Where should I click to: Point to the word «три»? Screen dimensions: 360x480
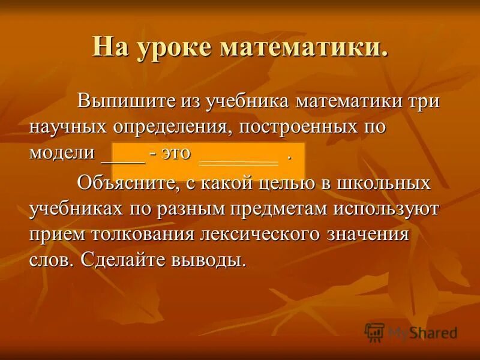coord(424,100)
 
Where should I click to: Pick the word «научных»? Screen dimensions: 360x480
coord(67,127)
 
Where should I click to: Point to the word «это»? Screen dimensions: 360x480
coord(176,152)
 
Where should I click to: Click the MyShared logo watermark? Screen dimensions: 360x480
coord(411,331)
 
